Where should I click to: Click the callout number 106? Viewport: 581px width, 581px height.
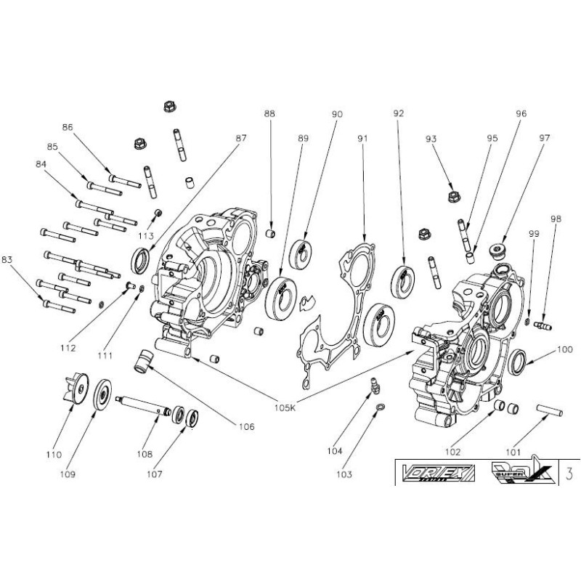point(245,427)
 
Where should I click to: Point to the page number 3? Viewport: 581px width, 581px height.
point(569,474)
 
